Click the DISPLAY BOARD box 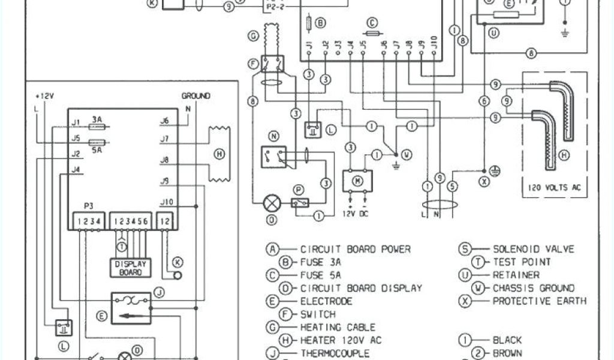click(130, 267)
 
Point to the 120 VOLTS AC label click(555, 187)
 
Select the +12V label click(46, 96)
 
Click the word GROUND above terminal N click(195, 96)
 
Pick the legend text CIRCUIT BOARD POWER click(355, 249)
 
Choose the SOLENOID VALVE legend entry click(533, 249)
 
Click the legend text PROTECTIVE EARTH click(539, 301)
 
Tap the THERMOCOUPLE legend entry click(335, 353)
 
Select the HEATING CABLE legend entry click(338, 327)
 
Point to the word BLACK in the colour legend click(507, 340)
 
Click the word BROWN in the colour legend click(507, 353)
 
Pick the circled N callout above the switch click(274, 136)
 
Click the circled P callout click(298, 190)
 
